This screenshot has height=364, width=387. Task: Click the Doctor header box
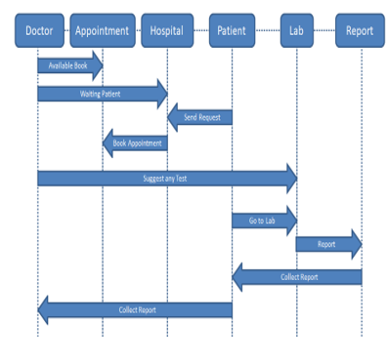pyautogui.click(x=38, y=31)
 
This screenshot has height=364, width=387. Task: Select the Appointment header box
pyautogui.click(x=102, y=31)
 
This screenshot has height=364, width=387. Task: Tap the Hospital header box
pyautogui.click(x=166, y=31)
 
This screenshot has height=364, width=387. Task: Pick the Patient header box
pyautogui.click(x=232, y=31)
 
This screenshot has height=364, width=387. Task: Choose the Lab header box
pyautogui.click(x=296, y=31)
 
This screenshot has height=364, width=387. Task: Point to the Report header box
pyautogui.click(x=360, y=31)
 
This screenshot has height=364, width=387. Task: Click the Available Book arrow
pyautogui.click(x=69, y=65)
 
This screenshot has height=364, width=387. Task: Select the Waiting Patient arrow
pyautogui.click(x=102, y=94)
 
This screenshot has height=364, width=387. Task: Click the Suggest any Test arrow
pyautogui.click(x=166, y=179)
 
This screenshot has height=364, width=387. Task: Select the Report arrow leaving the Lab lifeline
pyautogui.click(x=328, y=245)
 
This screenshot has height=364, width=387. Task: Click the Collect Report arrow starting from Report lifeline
pyautogui.click(x=297, y=277)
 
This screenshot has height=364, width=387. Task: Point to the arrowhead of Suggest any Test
pyautogui.click(x=290, y=179)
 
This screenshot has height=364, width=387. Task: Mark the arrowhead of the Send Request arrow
pyautogui.click(x=175, y=118)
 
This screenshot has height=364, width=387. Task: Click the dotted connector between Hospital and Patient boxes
pyautogui.click(x=200, y=31)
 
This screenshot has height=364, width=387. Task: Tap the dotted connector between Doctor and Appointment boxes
pyautogui.click(x=67, y=31)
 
